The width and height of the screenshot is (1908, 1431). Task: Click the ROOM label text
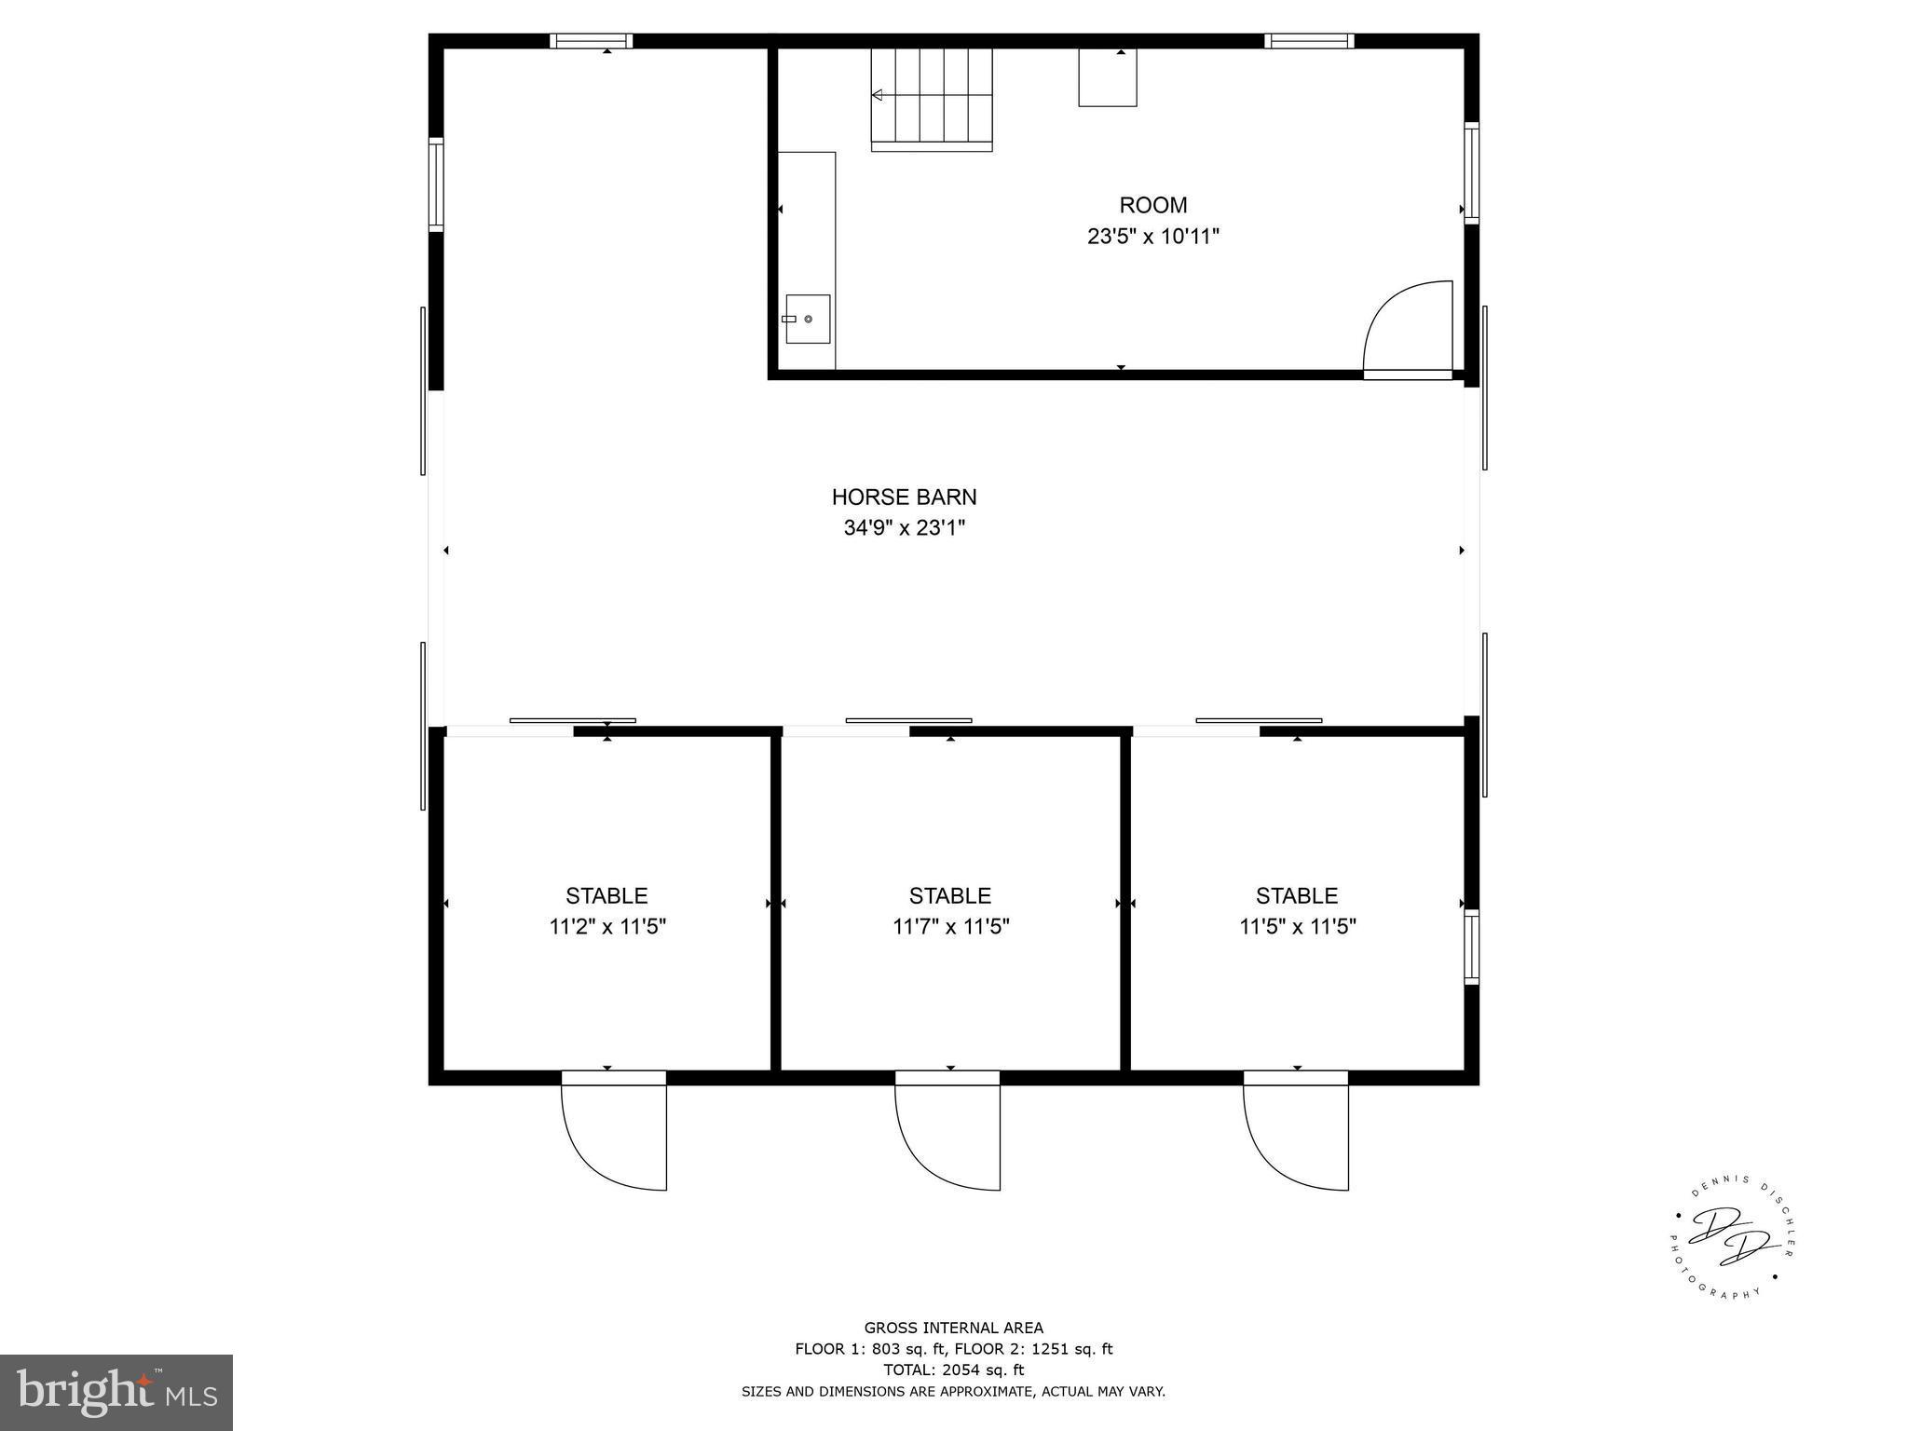pos(1152,205)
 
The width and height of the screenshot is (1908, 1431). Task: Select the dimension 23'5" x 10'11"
pos(1152,237)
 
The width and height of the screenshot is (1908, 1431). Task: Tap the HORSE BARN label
pos(904,497)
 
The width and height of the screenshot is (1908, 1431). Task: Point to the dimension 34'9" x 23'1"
pos(904,528)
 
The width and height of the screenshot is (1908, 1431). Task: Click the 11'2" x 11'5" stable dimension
pos(606,927)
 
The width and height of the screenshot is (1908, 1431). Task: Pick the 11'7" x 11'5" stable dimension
pos(950,927)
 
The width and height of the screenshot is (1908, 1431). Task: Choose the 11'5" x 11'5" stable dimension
pos(1297,927)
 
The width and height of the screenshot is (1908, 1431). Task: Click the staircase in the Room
pos(932,98)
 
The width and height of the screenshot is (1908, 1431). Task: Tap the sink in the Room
pos(807,319)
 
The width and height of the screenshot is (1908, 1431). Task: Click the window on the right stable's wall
pos(1471,947)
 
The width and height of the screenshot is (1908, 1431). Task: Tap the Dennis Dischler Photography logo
pos(1730,1240)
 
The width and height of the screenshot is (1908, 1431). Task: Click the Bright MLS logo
pos(116,1392)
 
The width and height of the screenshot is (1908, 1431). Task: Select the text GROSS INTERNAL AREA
pos(953,1328)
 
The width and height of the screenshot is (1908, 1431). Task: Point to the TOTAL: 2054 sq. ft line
pos(953,1370)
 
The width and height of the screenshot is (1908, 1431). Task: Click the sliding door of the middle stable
pos(908,720)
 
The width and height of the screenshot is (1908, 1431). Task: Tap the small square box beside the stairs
pos(1107,77)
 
